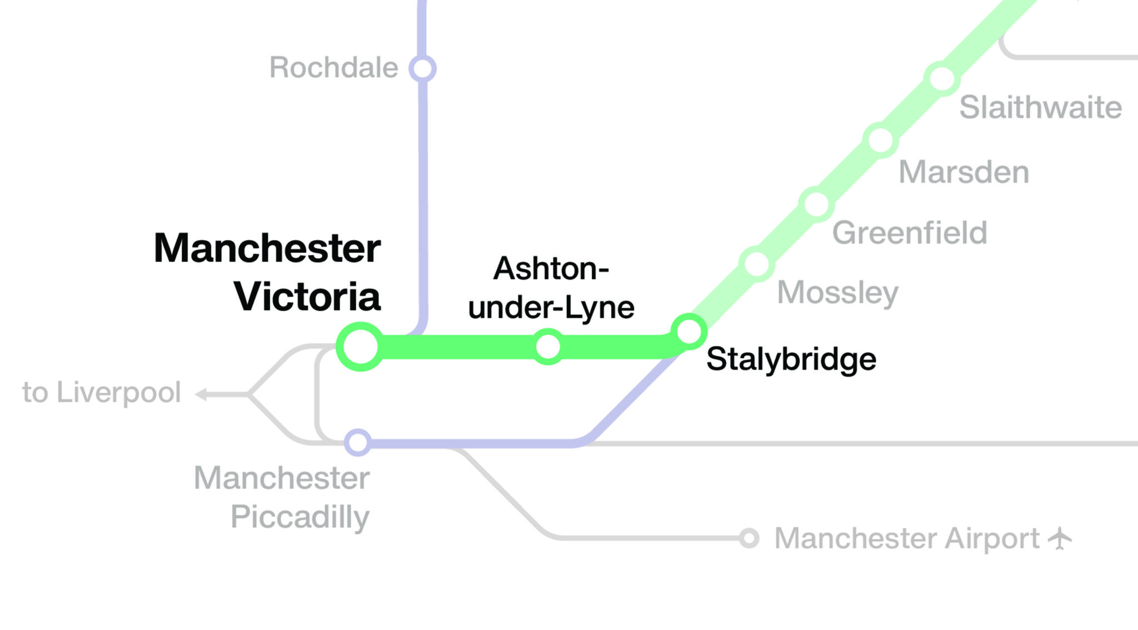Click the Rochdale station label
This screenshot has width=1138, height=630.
click(x=333, y=68)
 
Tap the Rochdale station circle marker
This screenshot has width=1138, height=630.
click(x=422, y=68)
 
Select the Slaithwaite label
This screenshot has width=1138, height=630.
click(x=1040, y=107)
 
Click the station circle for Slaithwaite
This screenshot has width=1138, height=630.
click(x=942, y=78)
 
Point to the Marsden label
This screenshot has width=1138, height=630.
click(x=964, y=172)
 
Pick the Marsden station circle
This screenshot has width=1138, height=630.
click(x=881, y=140)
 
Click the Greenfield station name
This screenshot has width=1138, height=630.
click(x=910, y=233)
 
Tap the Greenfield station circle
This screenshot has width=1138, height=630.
click(x=816, y=204)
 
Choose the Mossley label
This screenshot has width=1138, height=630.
click(x=837, y=293)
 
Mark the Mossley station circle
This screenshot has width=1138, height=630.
click(x=756, y=264)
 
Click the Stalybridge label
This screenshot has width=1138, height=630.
click(x=791, y=359)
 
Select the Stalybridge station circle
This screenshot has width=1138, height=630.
click(x=689, y=332)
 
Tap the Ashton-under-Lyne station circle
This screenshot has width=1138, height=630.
click(x=548, y=347)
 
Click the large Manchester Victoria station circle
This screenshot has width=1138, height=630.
click(x=361, y=346)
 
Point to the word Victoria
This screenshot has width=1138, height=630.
click(x=307, y=297)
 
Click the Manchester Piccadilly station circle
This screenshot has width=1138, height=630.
click(x=358, y=443)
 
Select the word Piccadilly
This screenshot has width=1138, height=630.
click(x=300, y=517)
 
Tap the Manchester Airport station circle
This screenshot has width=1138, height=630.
click(x=749, y=538)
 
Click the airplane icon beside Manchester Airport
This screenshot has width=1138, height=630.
click(x=1060, y=538)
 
